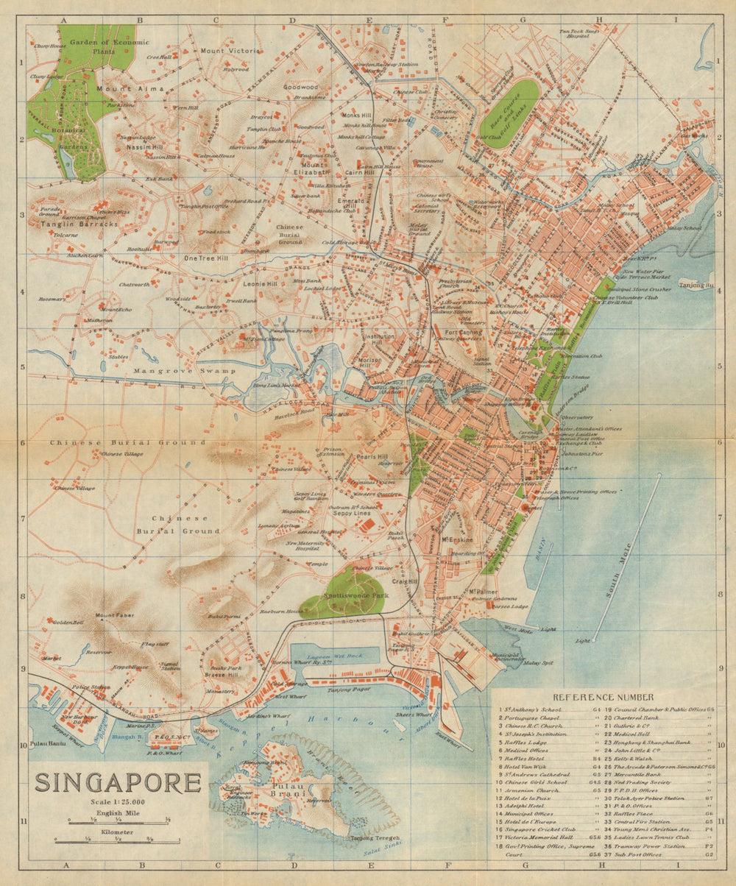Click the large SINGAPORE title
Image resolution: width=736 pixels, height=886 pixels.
point(118,782)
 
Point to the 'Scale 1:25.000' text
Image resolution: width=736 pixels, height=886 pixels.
point(118,801)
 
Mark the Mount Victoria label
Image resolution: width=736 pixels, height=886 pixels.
point(230,51)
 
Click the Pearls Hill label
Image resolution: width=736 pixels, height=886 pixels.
point(365,456)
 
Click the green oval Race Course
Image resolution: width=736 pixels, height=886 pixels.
point(509,113)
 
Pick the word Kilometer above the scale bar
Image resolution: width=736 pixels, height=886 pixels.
point(118,830)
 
